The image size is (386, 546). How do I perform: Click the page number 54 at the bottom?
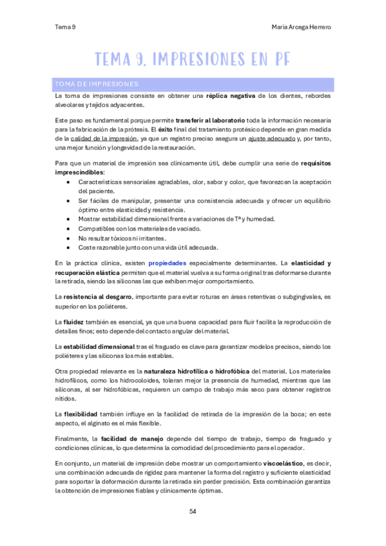[x=193, y=511]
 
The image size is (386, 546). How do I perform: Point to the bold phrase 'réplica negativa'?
[x=231, y=96]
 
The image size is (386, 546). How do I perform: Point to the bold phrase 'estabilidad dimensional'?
[x=98, y=347]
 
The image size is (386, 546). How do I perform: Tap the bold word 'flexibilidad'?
[x=86, y=413]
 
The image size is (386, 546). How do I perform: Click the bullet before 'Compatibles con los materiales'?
[x=69, y=229]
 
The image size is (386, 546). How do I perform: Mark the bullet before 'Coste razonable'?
[x=69, y=247]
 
